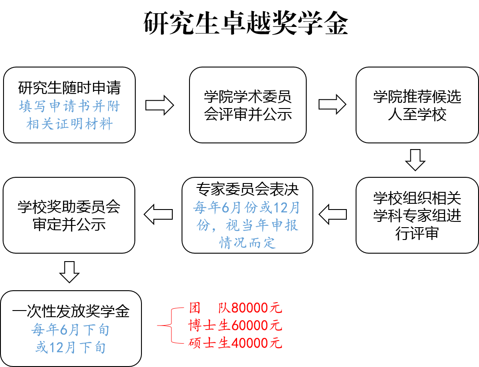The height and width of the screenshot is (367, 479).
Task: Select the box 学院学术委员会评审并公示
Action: pyautogui.click(x=248, y=105)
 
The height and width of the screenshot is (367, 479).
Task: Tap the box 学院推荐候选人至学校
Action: pyautogui.click(x=417, y=105)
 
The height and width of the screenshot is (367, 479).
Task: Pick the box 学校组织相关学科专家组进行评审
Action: pyautogui.click(x=417, y=215)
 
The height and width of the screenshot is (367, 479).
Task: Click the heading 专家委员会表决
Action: pyautogui.click(x=247, y=189)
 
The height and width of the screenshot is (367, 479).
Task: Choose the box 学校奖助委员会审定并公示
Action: pyautogui.click(x=69, y=215)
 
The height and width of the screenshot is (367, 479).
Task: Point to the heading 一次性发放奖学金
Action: pyautogui.click(x=71, y=312)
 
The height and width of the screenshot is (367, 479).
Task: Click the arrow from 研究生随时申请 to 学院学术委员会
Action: pyautogui.click(x=159, y=105)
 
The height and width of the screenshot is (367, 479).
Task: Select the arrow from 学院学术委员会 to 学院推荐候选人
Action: pyautogui.click(x=332, y=105)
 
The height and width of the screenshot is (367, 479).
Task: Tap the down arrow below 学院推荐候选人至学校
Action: pyautogui.click(x=415, y=160)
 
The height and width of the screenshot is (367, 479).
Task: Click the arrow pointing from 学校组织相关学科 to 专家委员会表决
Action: pyautogui.click(x=333, y=215)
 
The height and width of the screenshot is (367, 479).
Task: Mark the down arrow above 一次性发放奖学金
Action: pyautogui.click(x=69, y=271)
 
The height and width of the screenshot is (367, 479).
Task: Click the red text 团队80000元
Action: pyautogui.click(x=235, y=307)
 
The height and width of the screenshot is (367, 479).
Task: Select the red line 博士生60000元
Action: pyautogui.click(x=235, y=326)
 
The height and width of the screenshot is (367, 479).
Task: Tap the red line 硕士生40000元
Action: pyautogui.click(x=235, y=343)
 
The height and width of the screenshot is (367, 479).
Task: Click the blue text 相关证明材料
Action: pyautogui.click(x=70, y=124)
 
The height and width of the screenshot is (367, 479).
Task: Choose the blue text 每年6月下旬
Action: pyautogui.click(x=71, y=330)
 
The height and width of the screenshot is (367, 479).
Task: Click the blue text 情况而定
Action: pyautogui.click(x=247, y=242)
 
